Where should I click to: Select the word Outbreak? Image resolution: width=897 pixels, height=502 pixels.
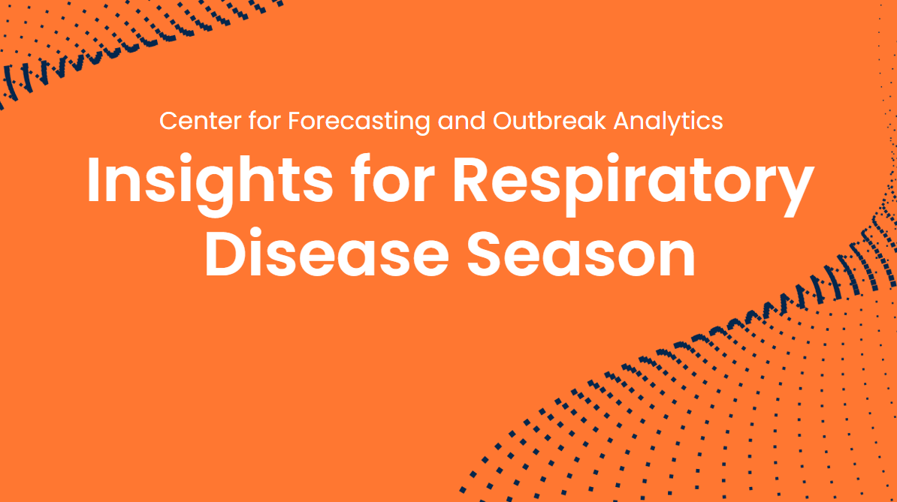(549, 121)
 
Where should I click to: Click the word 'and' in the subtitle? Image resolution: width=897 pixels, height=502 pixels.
(462, 121)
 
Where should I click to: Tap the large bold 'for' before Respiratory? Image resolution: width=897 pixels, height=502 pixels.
(393, 179)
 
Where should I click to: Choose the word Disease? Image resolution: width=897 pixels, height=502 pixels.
(327, 254)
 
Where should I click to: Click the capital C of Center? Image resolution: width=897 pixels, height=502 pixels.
(168, 121)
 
